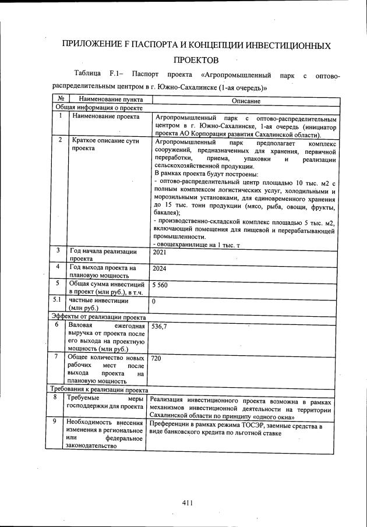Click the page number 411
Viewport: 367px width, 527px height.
click(x=187, y=503)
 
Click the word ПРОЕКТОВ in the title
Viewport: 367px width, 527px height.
click(x=196, y=60)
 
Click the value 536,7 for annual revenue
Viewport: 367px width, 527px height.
click(x=159, y=327)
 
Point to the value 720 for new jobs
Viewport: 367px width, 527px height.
click(x=156, y=359)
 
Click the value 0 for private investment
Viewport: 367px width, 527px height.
click(x=154, y=302)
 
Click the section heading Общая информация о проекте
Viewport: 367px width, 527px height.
click(x=99, y=108)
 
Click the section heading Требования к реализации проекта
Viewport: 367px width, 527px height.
click(x=99, y=390)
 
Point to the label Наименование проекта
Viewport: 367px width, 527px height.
click(x=105, y=116)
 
